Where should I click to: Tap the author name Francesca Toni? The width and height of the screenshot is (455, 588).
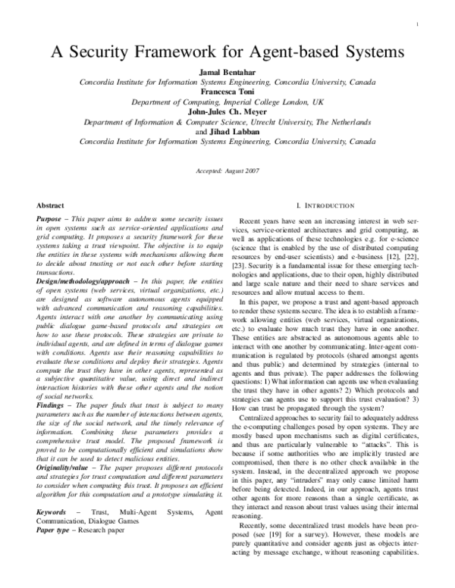pyautogui.click(x=227, y=90)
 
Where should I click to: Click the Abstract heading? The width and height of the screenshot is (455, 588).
pyautogui.click(x=50, y=205)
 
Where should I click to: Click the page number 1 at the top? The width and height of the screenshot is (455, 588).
pyautogui.click(x=419, y=25)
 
